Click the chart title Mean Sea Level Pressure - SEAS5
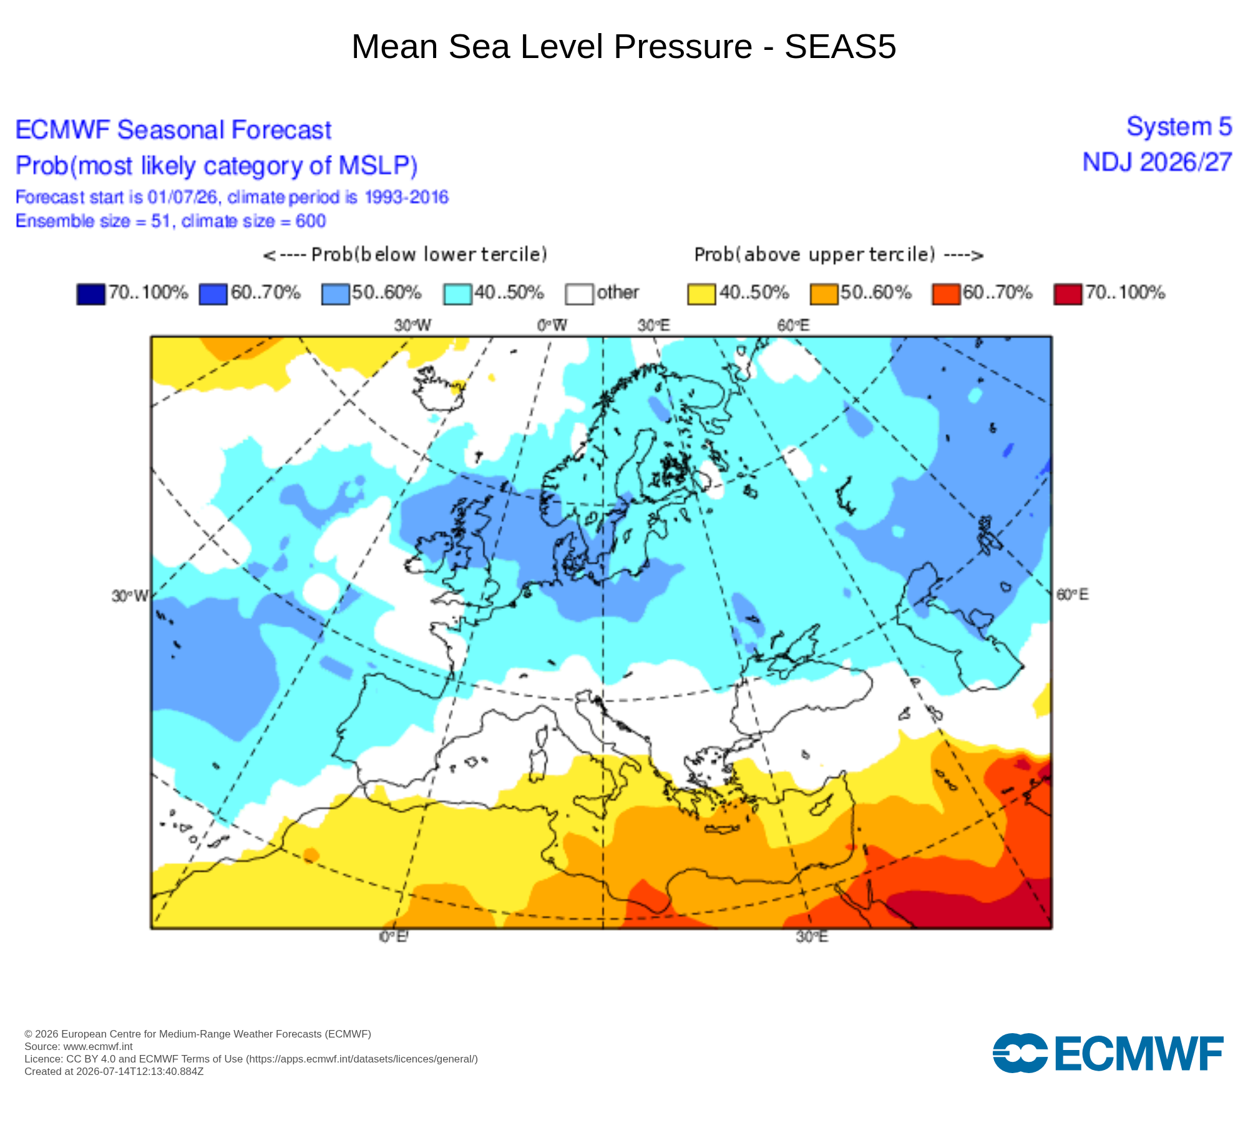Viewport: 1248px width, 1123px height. point(624,47)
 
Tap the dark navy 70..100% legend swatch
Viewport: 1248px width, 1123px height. point(90,294)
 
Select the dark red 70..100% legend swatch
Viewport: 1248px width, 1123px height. point(1068,294)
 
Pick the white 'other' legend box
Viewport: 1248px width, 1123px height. point(579,294)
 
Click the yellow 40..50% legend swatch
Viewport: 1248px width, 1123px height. point(701,294)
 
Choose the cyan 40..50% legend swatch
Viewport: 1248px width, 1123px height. point(457,294)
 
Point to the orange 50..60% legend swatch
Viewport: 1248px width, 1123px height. point(824,294)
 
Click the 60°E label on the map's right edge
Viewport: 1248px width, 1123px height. point(1072,595)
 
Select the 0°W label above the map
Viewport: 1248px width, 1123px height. point(552,325)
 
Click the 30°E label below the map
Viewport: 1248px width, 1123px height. point(812,936)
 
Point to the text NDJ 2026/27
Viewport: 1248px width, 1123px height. point(1157,162)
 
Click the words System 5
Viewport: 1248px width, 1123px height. point(1179,127)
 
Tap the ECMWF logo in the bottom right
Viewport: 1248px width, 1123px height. point(1108,1053)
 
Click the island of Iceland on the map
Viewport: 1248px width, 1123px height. point(439,389)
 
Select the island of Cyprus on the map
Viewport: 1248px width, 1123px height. point(824,805)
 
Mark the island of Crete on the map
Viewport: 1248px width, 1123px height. point(722,829)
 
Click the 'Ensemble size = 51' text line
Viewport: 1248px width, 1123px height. point(170,221)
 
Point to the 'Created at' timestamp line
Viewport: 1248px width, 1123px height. point(114,1071)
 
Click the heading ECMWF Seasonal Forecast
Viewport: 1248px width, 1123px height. point(173,130)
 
